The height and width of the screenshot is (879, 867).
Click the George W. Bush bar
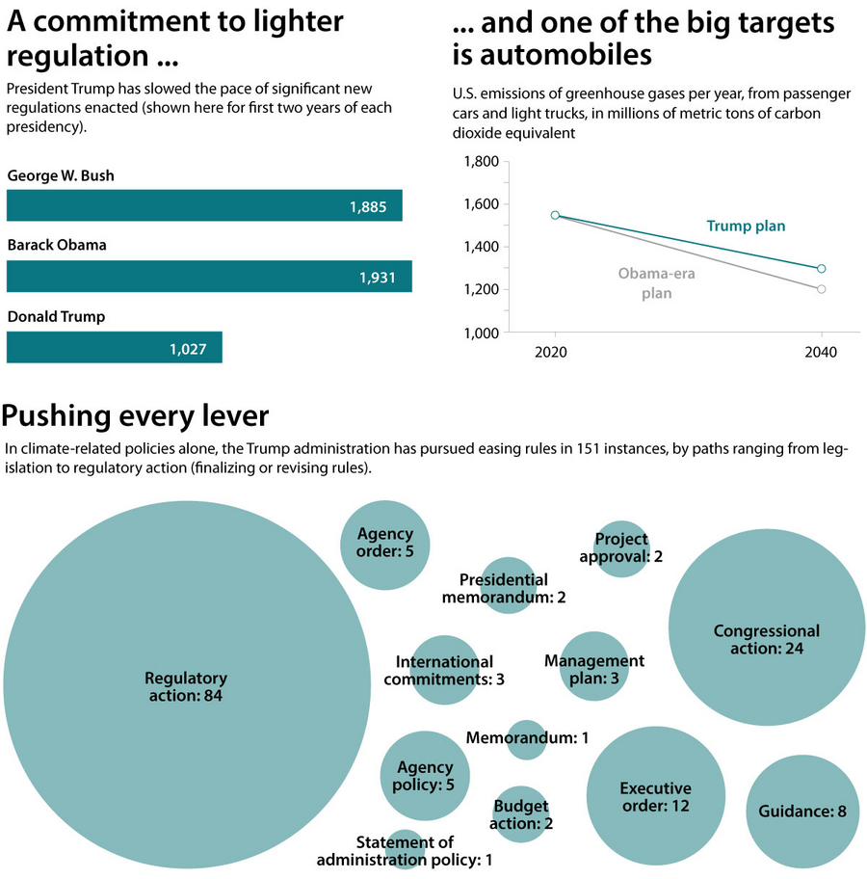[x=204, y=205]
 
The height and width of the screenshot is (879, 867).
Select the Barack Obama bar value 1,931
[x=378, y=278]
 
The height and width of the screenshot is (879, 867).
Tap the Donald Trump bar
[x=115, y=348]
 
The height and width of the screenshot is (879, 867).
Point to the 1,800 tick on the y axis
[x=481, y=162]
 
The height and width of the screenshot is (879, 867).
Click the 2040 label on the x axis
[x=821, y=353]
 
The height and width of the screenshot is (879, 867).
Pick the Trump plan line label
[x=746, y=226]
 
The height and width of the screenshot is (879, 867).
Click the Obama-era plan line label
[x=656, y=283]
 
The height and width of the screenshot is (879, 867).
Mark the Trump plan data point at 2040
[x=821, y=269]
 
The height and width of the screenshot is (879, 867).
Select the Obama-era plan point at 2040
[x=821, y=289]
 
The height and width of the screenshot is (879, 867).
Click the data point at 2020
[x=555, y=215]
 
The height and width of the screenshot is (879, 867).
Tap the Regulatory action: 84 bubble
[x=188, y=685]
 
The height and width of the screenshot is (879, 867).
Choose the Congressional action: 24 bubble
[x=766, y=640]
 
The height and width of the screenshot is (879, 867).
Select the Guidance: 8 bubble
[x=801, y=812]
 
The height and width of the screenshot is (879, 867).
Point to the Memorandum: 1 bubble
[x=527, y=738]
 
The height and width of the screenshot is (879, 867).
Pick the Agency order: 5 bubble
[x=385, y=543]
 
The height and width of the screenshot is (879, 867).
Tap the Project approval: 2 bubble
[x=621, y=547]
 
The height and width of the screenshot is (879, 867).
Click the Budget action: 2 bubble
[x=521, y=814]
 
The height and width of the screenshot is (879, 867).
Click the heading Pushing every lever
[x=135, y=416]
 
